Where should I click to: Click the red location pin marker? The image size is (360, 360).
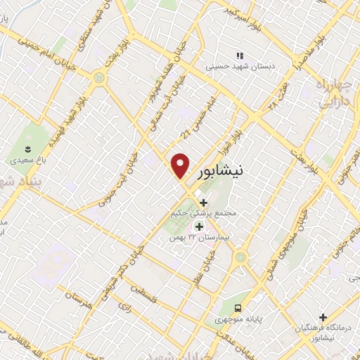181,165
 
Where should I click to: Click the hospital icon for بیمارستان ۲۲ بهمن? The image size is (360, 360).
198,226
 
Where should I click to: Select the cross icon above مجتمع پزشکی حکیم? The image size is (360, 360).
204,202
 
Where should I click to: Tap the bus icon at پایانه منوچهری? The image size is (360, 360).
239,308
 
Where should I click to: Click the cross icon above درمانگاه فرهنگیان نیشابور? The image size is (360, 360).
323,317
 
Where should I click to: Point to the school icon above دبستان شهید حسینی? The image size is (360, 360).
239,56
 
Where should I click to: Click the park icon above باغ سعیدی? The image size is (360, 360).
27,148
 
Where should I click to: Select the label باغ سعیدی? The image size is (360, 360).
27,160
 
